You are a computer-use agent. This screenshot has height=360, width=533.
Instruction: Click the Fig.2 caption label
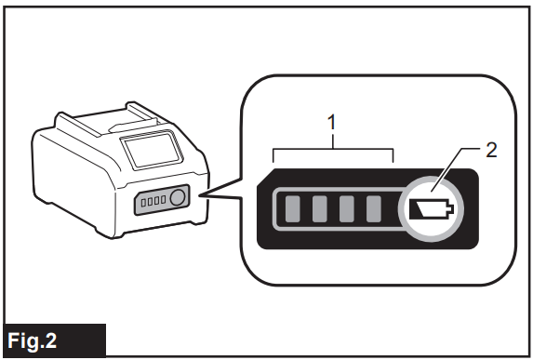[x=32, y=340]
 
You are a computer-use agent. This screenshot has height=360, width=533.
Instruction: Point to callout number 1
[x=332, y=123]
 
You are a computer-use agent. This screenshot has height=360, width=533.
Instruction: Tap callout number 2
[x=491, y=150]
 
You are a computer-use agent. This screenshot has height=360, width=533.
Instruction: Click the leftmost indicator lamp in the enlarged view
[x=292, y=208]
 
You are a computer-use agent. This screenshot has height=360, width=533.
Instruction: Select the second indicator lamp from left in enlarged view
[x=320, y=208]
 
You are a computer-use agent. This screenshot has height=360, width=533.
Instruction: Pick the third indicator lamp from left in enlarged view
[x=347, y=208]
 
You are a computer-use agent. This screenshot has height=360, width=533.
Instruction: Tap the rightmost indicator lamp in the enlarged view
[x=374, y=208]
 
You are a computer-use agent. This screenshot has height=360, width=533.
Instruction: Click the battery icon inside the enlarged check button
[x=431, y=208]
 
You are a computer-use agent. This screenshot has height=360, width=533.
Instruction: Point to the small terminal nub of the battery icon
[x=451, y=208]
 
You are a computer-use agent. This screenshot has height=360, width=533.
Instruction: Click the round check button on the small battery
[x=177, y=197]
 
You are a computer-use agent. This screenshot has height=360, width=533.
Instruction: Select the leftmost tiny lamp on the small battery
[x=143, y=203]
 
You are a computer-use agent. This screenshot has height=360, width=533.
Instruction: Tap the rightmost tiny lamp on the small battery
[x=163, y=199]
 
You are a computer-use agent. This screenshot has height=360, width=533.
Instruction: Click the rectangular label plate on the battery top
[x=152, y=151]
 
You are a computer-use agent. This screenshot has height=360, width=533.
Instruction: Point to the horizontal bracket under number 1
[x=333, y=149]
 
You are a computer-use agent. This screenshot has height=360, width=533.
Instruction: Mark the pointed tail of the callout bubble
[x=201, y=195]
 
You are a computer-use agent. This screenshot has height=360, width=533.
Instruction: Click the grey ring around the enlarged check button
[x=431, y=178]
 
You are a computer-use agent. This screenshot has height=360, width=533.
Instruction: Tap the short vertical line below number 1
[x=333, y=140]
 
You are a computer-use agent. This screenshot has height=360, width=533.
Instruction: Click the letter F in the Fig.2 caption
[x=13, y=340]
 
